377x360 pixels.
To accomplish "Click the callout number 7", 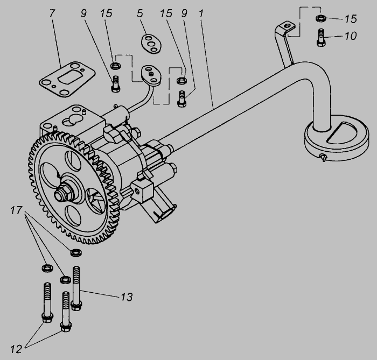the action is click(52, 13).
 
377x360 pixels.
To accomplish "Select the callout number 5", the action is click(140, 13).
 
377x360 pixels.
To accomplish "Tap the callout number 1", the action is click(201, 13).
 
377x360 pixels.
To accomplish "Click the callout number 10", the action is click(351, 36).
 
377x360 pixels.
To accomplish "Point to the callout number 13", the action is click(127, 297).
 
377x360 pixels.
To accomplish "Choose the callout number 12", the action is click(16, 349).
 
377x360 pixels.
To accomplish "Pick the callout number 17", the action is click(16, 210).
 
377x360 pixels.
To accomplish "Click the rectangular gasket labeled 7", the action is click(67, 79).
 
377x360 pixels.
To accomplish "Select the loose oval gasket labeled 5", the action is click(151, 44).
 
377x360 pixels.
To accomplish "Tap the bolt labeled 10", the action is click(321, 37).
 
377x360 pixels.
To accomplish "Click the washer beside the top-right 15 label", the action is click(321, 18).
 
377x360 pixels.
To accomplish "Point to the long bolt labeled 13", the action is click(76, 288).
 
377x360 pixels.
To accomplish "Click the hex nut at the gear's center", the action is click(62, 193).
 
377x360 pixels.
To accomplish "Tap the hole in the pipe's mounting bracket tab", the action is click(287, 25).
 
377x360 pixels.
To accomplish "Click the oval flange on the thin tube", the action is click(151, 75).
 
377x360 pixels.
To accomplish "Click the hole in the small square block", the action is click(138, 191).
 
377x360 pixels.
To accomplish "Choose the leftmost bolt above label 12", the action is click(47, 302).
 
